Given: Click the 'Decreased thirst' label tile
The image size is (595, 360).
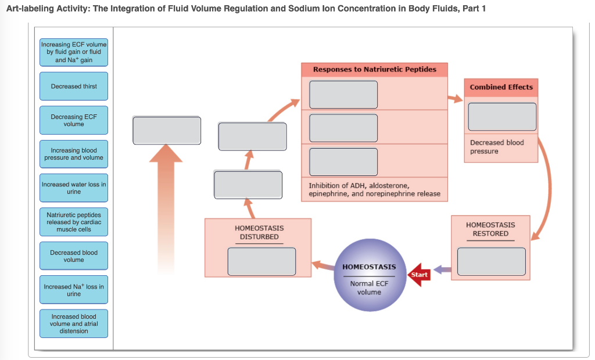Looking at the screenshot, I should click(x=74, y=87).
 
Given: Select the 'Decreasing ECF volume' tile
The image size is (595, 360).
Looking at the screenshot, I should click(x=74, y=120).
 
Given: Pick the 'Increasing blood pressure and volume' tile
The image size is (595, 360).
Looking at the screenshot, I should click(x=74, y=154).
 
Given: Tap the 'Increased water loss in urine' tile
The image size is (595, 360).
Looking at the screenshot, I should click(x=74, y=188).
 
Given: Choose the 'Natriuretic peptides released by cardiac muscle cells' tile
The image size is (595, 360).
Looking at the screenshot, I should click(x=74, y=222).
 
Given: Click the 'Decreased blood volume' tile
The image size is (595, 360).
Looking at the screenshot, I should click(x=74, y=256).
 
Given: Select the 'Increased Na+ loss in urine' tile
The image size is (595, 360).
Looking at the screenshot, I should click(x=74, y=290).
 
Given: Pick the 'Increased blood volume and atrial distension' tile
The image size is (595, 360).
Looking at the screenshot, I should click(x=74, y=323).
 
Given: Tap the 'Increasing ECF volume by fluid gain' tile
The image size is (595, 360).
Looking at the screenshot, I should click(x=74, y=52).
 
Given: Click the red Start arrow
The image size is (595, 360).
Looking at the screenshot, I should click(x=418, y=275).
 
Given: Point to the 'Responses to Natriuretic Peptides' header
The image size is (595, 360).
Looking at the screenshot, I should click(x=374, y=69).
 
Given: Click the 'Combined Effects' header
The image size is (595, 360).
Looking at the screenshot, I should click(x=501, y=87).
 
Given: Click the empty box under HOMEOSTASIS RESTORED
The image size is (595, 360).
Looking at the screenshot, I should click(x=491, y=261).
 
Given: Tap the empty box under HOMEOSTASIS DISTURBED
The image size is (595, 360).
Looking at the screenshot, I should click(x=261, y=261).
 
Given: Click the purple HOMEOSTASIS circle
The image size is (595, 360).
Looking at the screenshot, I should click(x=369, y=276).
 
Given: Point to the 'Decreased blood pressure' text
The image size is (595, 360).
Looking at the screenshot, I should click(x=497, y=147).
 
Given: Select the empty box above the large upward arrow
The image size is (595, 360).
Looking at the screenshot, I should click(x=167, y=131).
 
